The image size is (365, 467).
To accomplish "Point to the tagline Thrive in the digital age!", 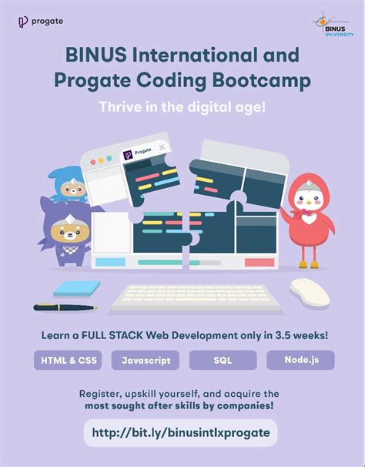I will [x=182, y=107].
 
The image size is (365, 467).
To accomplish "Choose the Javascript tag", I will [x=145, y=360].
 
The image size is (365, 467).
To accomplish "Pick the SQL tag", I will [x=222, y=360].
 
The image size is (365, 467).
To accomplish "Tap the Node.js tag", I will [x=300, y=360].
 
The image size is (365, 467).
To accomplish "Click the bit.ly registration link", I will [x=181, y=432].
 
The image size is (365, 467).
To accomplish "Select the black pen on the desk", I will [x=65, y=307].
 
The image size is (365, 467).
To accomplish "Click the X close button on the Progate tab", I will [x=162, y=147].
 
